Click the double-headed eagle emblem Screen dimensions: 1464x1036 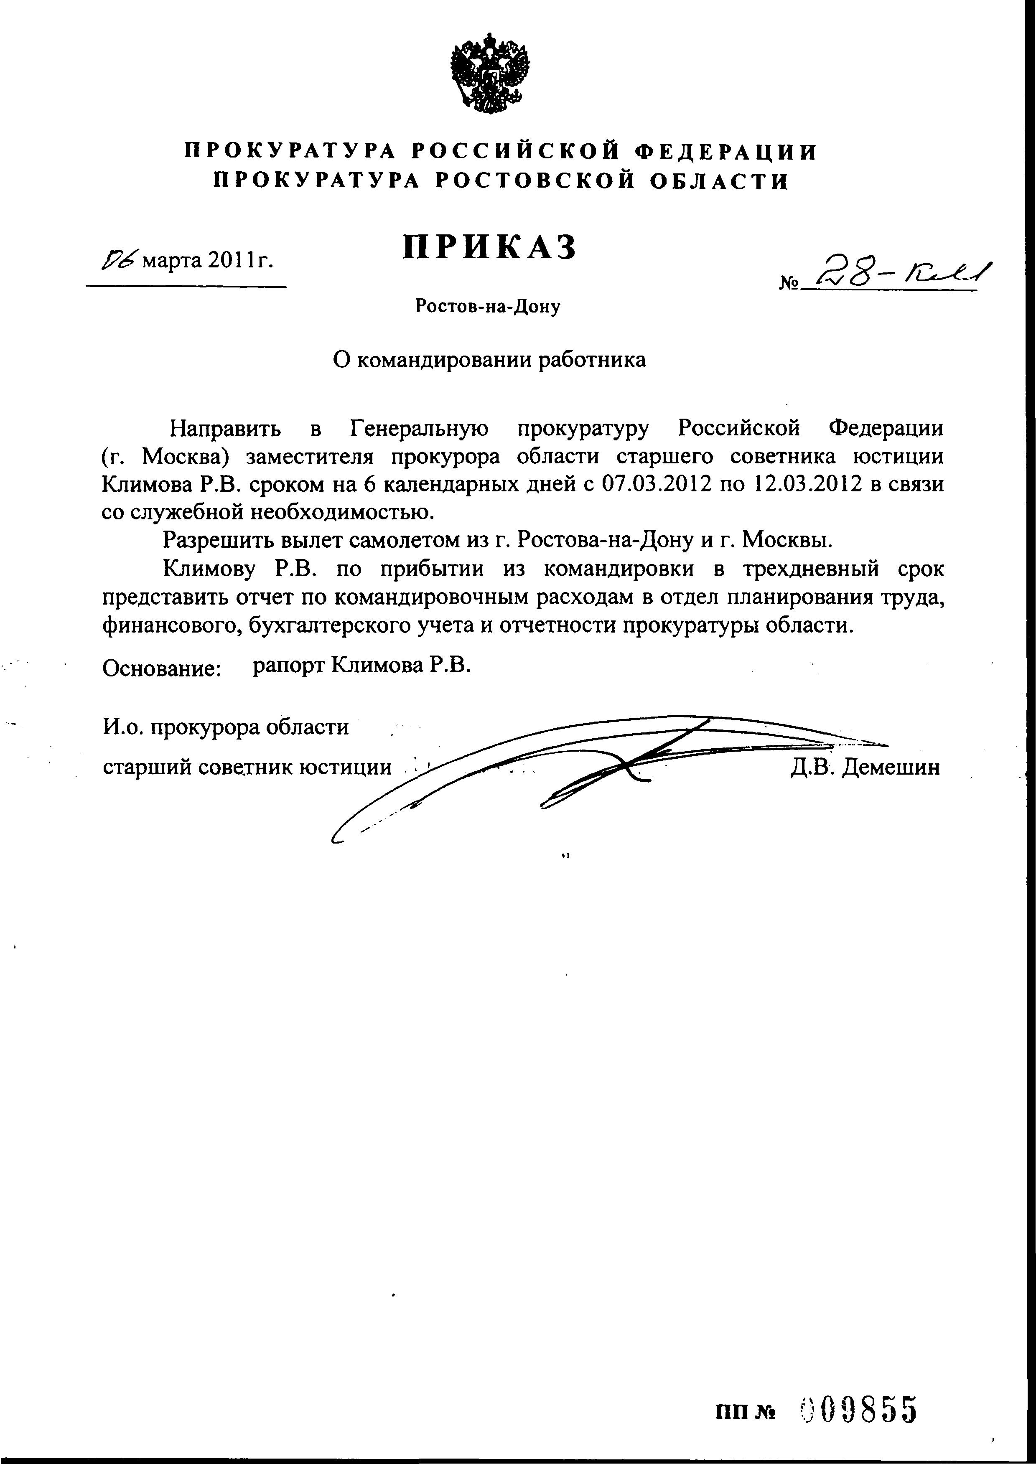pyautogui.click(x=489, y=75)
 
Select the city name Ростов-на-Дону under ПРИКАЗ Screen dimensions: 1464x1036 pyautogui.click(x=488, y=307)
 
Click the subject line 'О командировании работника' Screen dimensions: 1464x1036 pyautogui.click(x=490, y=360)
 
